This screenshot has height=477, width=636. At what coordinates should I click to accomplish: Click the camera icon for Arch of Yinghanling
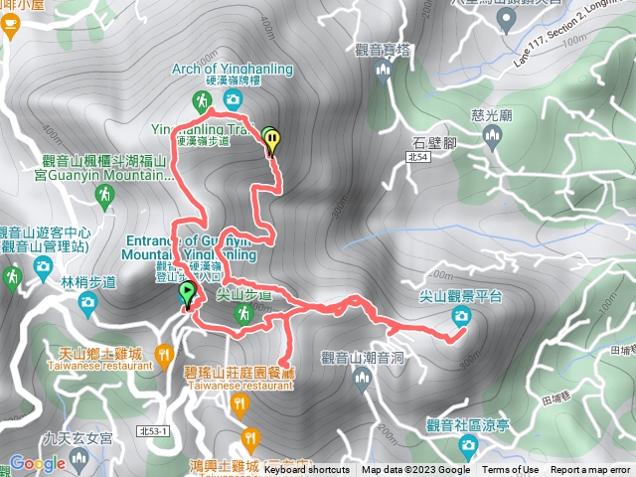(232, 98)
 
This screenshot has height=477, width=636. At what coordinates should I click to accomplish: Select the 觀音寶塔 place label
(382, 48)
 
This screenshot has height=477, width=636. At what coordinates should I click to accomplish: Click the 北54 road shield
(418, 157)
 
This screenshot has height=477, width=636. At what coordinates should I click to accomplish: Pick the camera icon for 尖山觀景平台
(461, 316)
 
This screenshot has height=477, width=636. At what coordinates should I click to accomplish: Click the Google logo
(37, 463)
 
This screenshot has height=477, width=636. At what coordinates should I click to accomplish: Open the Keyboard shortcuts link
(306, 470)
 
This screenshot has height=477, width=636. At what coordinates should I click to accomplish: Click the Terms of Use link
(511, 470)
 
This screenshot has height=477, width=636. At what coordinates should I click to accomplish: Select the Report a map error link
(590, 470)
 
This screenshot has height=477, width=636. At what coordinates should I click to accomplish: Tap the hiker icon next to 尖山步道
(242, 314)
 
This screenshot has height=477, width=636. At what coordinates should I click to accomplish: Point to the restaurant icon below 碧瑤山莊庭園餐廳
(239, 403)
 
